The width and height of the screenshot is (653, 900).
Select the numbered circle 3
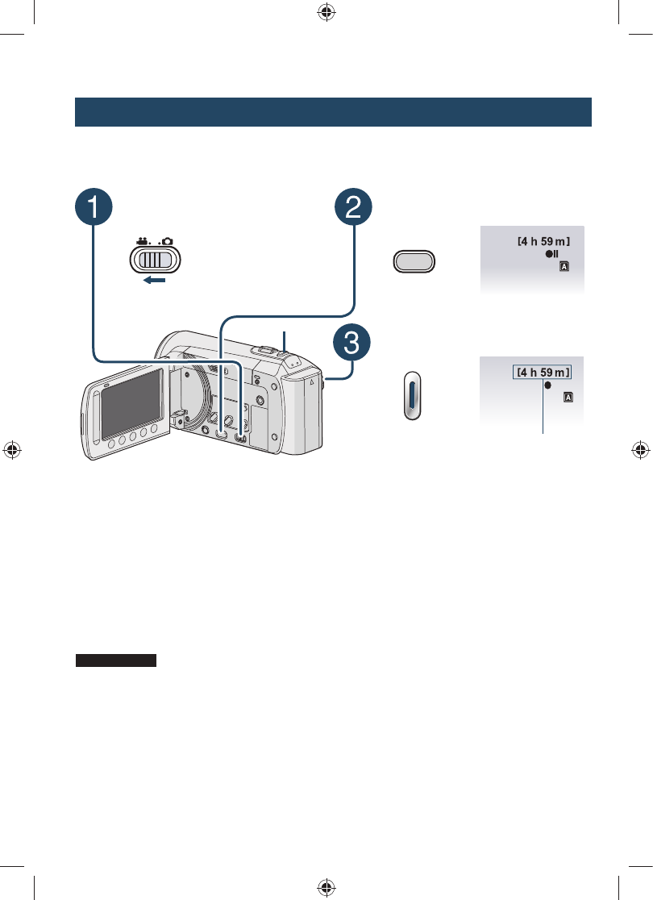click(x=353, y=344)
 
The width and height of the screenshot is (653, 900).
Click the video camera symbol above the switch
click(x=144, y=240)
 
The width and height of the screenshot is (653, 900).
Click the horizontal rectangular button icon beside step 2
click(x=414, y=261)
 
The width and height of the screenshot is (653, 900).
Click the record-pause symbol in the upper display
click(x=551, y=253)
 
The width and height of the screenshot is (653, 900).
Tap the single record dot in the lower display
click(x=548, y=385)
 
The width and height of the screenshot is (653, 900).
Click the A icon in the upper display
click(x=563, y=265)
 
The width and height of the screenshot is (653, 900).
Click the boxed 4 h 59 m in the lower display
click(x=543, y=372)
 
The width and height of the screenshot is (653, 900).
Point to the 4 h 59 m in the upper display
click(x=544, y=240)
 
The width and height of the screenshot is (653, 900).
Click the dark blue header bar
click(x=333, y=112)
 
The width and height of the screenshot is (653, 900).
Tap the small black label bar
click(x=116, y=660)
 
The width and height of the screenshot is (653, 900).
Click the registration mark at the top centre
click(x=326, y=13)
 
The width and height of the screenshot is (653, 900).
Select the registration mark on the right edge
click(x=639, y=450)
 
